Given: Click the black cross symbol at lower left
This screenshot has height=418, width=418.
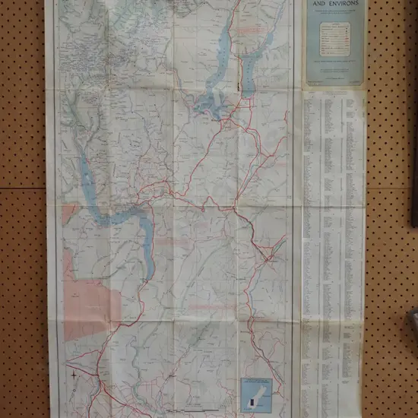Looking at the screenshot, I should point(74,374).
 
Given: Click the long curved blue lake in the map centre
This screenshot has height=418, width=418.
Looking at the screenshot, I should point(137,228).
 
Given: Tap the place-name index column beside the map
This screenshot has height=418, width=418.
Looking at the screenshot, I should point(334,228).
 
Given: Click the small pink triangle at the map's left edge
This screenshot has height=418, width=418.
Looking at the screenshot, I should point(68,213).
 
